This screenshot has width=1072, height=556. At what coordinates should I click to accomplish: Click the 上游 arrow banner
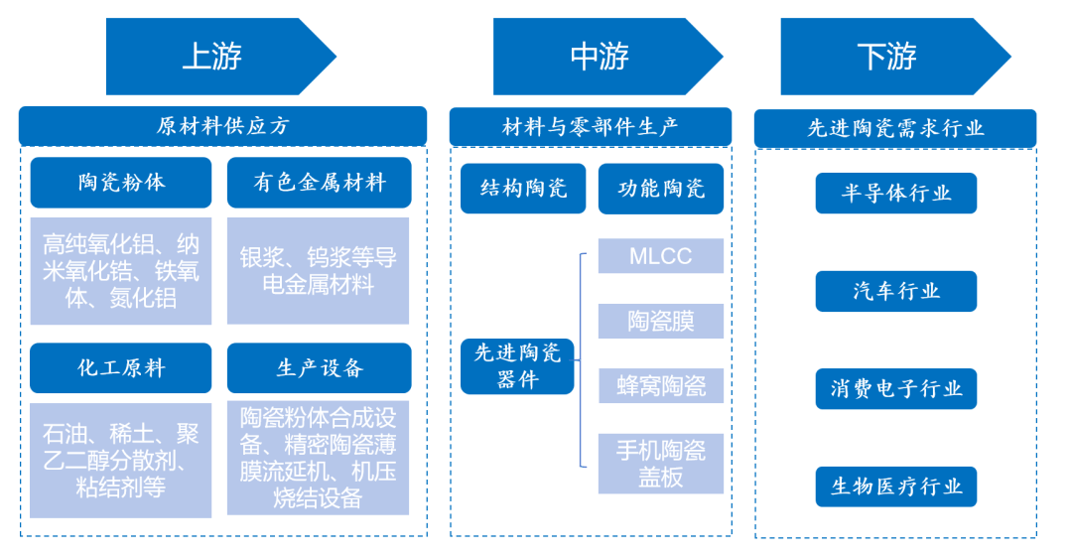213,57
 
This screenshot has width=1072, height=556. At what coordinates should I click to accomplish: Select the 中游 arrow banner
601,57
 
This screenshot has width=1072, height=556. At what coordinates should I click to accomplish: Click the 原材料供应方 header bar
222,126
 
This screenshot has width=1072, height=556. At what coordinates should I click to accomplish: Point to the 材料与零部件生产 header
590,126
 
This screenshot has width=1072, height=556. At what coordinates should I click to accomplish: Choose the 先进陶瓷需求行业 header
894,128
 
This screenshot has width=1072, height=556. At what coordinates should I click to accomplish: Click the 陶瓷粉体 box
121,183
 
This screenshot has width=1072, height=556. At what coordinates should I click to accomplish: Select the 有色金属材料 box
319,183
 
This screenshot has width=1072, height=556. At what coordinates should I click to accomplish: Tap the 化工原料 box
121,368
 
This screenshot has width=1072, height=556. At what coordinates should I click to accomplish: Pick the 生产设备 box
319,368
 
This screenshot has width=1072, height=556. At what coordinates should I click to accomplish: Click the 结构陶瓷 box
523,189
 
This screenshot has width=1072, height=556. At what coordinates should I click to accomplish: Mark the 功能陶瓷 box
661,189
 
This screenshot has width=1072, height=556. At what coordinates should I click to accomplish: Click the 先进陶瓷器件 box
517,365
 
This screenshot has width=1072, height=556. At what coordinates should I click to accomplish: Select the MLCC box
660,256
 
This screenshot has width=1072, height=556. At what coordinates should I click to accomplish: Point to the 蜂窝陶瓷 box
660,385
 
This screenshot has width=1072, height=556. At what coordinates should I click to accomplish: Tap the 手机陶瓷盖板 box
660,464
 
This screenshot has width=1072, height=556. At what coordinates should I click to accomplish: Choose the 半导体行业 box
895,193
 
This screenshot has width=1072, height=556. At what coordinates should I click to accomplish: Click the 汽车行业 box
895,291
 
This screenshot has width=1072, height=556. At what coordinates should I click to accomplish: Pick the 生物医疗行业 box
895,486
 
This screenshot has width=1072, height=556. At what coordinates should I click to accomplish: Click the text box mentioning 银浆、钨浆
319,270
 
